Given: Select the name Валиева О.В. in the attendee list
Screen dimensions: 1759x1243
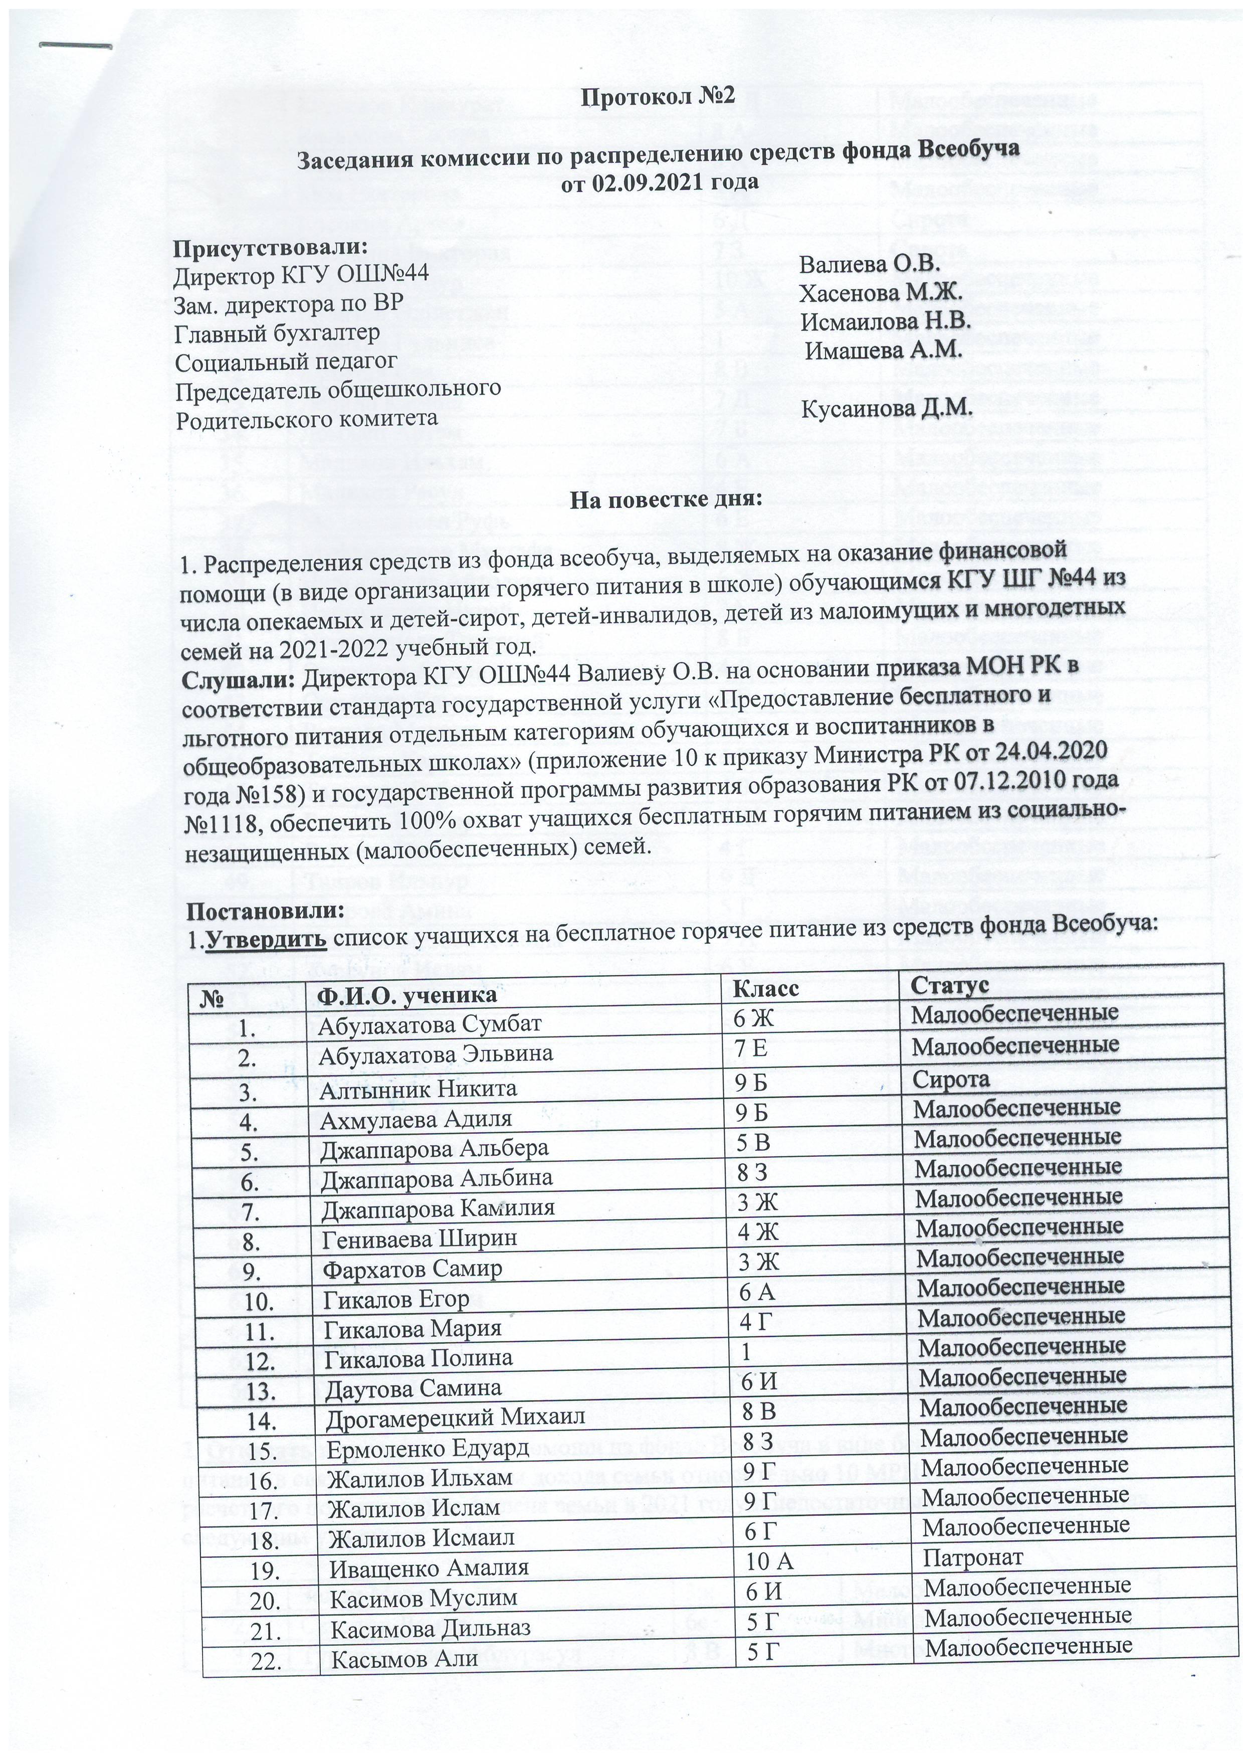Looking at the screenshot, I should (869, 264).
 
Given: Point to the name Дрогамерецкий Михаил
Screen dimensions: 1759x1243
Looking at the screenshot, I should (455, 1418).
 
